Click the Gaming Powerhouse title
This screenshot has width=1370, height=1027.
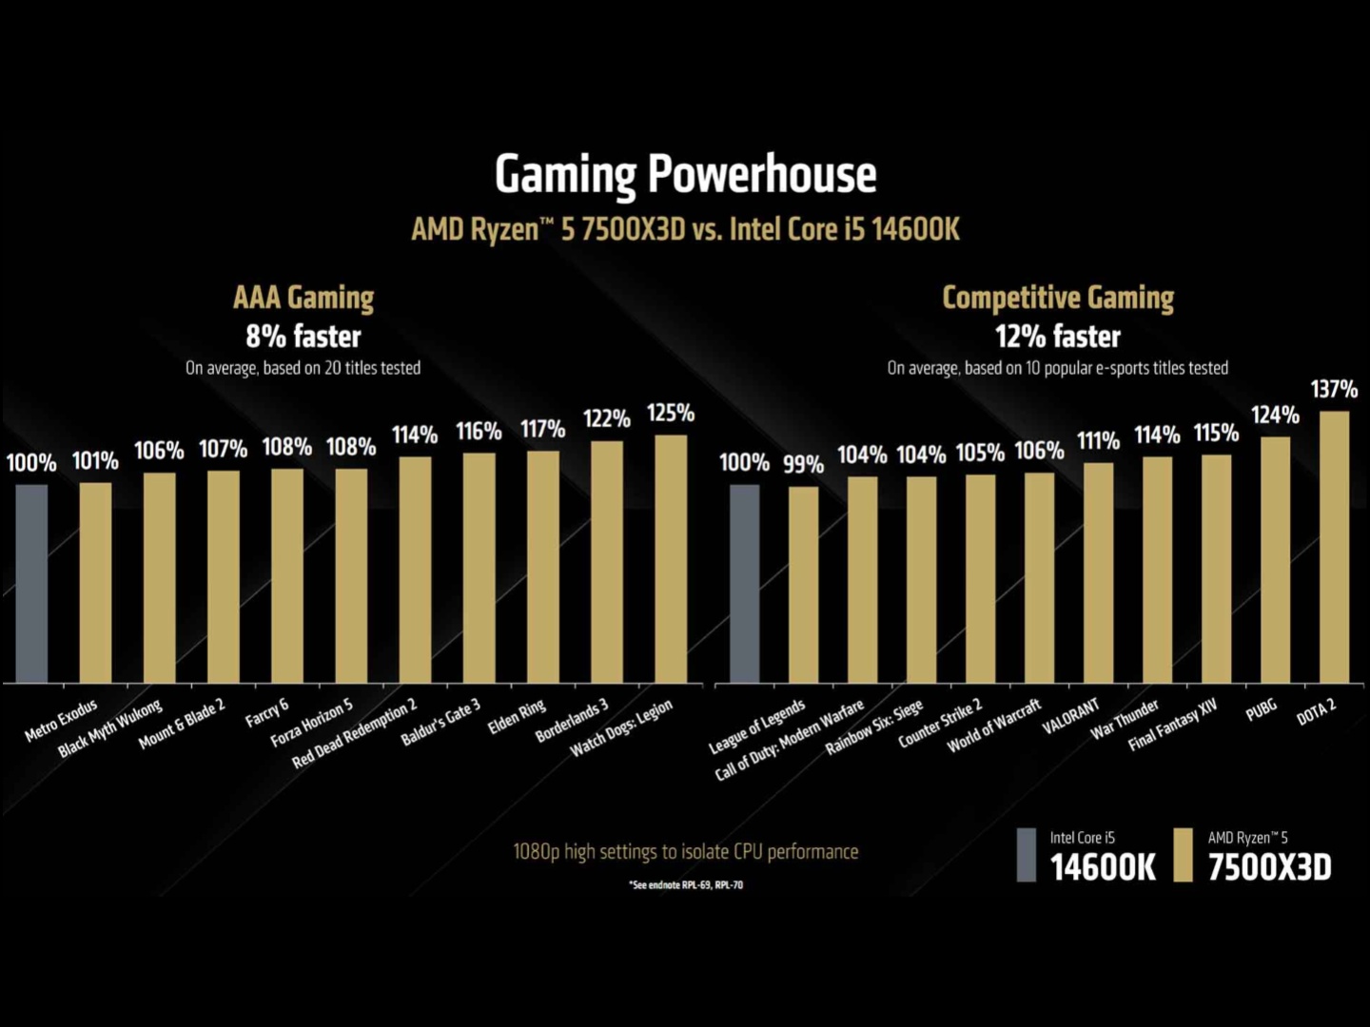(685, 175)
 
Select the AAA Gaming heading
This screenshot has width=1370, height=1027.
(303, 298)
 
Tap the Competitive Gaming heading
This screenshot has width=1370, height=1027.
(1058, 298)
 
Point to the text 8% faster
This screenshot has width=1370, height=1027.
(303, 337)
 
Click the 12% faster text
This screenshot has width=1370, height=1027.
(1058, 337)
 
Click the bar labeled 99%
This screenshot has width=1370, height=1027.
(803, 585)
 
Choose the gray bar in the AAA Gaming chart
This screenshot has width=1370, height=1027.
(31, 584)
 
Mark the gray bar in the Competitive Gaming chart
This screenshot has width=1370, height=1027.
(744, 584)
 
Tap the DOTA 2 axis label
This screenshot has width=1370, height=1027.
(1317, 711)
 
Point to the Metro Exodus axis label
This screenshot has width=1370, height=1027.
(61, 721)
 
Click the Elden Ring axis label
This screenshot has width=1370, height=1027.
(517, 717)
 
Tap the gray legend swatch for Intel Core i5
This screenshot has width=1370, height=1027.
(1026, 855)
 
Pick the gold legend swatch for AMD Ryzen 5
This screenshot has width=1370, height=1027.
(1183, 855)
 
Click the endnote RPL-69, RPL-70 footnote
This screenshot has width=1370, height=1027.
(686, 885)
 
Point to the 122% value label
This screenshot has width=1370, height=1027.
(607, 418)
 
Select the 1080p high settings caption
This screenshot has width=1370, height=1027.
(685, 851)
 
